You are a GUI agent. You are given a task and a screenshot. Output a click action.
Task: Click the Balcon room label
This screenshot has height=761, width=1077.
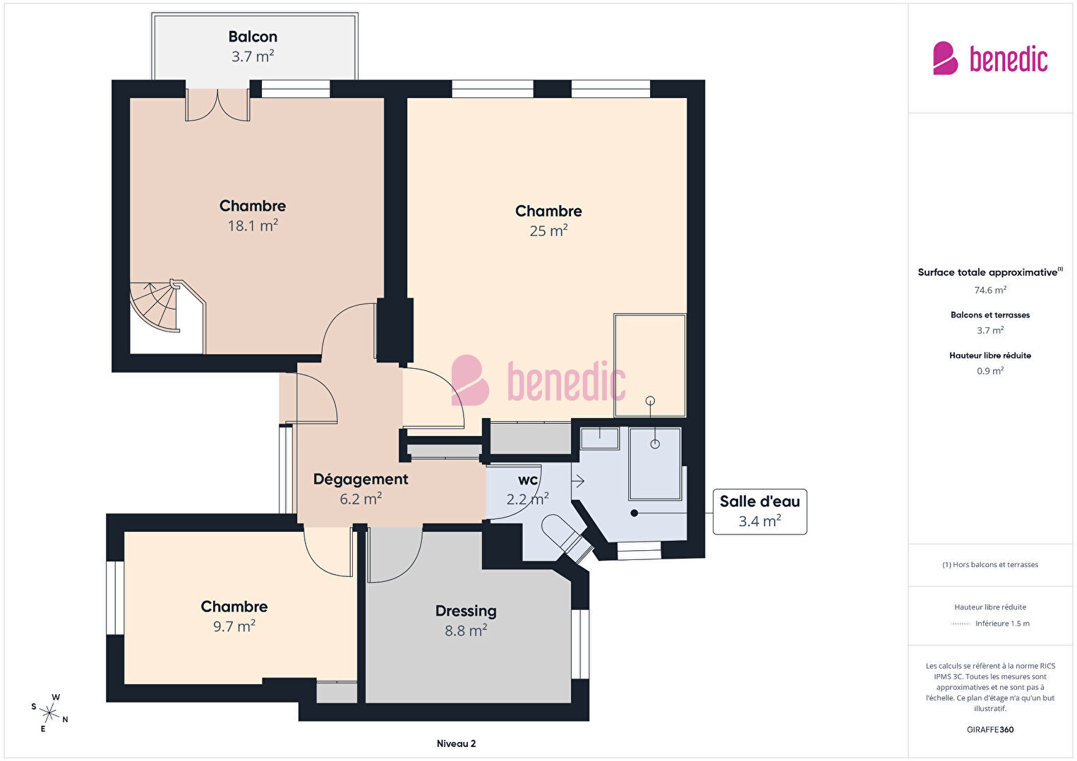(x=253, y=37)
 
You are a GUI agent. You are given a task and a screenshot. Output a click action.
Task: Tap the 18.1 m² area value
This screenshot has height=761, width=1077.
(x=253, y=225)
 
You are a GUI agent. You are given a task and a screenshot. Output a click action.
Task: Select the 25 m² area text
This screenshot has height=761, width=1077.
(x=548, y=231)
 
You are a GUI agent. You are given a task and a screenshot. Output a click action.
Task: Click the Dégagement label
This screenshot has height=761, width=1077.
(x=361, y=480)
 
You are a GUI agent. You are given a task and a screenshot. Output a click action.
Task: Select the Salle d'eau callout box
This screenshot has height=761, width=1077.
(x=759, y=511)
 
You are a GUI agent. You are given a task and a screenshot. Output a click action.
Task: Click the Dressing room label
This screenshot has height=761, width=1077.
(x=466, y=611)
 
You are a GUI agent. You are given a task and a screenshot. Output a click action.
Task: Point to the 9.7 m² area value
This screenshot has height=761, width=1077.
(x=234, y=626)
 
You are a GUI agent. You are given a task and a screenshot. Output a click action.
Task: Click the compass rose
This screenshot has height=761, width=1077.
(x=49, y=713)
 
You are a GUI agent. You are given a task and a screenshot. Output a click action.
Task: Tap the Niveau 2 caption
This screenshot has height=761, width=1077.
(x=457, y=743)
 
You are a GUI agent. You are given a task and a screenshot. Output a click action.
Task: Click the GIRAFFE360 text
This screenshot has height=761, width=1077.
(x=990, y=729)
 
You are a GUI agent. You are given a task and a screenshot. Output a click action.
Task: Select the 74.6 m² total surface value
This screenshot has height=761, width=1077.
(x=990, y=290)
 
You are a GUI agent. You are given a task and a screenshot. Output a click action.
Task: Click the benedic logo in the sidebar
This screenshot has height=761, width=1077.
(x=990, y=59)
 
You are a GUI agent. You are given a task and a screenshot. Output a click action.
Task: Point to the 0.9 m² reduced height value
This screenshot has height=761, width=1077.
(x=990, y=371)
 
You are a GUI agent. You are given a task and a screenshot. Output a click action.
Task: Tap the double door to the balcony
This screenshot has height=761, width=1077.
(x=218, y=104)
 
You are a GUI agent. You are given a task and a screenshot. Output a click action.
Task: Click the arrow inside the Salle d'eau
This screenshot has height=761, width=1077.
(x=577, y=480)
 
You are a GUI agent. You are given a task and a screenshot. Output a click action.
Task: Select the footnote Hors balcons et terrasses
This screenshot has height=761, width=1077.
(x=990, y=564)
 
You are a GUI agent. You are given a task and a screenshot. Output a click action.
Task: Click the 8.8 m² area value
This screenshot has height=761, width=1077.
(x=466, y=631)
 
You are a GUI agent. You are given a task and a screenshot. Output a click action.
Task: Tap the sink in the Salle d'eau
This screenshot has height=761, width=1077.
(x=600, y=438)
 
